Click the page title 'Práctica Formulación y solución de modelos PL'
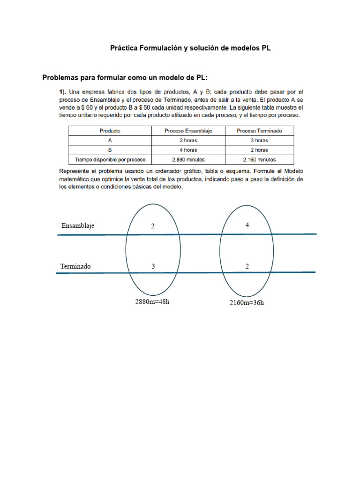click(x=190, y=48)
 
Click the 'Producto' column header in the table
click(x=110, y=131)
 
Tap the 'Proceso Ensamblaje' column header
click(x=188, y=131)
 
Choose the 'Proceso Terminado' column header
click(x=259, y=131)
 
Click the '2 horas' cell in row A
click(x=188, y=140)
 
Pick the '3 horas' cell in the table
click(x=259, y=140)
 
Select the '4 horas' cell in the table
click(x=188, y=150)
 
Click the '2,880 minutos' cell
click(x=188, y=160)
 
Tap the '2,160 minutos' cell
click(x=259, y=160)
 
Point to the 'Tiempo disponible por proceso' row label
click(x=110, y=160)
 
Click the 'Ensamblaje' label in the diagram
click(x=78, y=225)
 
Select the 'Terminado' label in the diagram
click(x=75, y=266)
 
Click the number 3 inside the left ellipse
click(x=153, y=266)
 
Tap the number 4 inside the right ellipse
click(x=247, y=225)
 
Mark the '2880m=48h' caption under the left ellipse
click(x=152, y=301)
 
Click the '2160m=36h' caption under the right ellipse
click(x=247, y=302)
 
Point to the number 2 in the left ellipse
click(x=152, y=226)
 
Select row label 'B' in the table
click(x=110, y=150)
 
